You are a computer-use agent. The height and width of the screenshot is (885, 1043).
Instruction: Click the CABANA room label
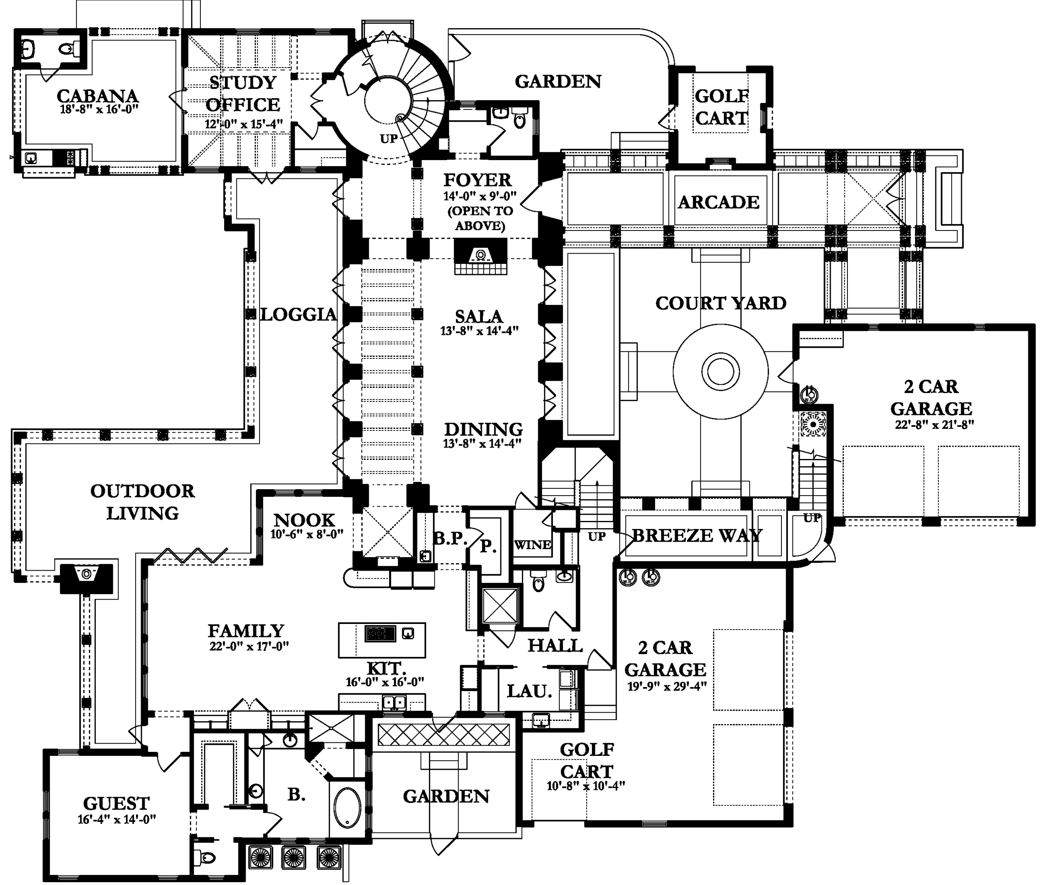coord(97,96)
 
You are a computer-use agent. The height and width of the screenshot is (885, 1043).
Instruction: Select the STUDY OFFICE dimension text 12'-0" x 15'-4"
coord(243,124)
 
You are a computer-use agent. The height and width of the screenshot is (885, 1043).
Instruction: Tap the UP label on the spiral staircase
coord(389,139)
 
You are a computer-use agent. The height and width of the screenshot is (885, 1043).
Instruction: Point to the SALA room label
coord(479,316)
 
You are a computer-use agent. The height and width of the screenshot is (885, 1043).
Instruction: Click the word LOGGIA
coord(298,314)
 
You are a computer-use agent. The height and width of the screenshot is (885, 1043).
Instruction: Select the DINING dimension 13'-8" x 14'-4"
coord(482,444)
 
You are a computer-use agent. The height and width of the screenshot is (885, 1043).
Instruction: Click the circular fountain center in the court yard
coord(720,372)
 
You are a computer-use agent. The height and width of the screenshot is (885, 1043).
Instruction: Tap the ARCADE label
coord(718,202)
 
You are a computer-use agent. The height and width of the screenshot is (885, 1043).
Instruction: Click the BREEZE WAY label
coord(697,535)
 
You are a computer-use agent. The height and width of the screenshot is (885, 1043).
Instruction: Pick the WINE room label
coord(533,545)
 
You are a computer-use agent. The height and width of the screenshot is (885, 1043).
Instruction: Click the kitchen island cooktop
coord(380,634)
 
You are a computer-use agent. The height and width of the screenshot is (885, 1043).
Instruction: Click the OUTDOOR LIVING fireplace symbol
coord(86,573)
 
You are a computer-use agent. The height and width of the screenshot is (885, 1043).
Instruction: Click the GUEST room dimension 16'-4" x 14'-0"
coord(117,820)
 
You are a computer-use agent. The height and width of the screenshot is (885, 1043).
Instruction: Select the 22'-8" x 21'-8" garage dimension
coord(934,424)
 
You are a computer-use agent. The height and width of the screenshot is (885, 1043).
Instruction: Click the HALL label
coord(555,645)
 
